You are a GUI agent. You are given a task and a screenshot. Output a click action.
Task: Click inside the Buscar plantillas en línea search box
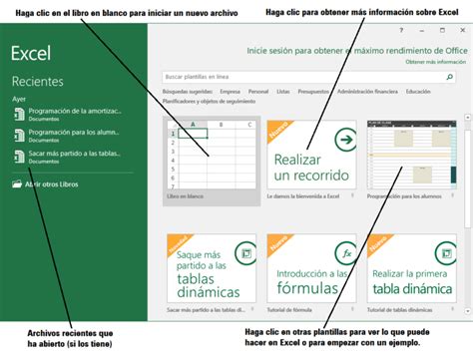click(299, 76)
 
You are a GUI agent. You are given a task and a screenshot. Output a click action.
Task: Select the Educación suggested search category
click(419, 91)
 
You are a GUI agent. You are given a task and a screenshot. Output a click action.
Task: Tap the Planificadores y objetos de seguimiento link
click(210, 101)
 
